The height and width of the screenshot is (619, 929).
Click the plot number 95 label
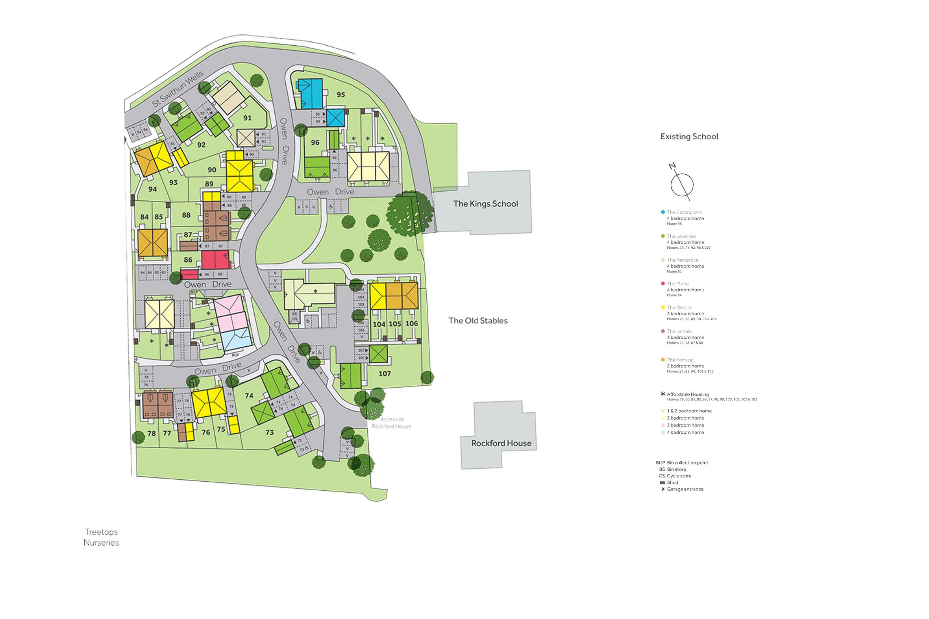(341, 95)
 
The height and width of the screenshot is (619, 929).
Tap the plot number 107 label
(384, 373)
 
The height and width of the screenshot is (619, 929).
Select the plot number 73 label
(269, 432)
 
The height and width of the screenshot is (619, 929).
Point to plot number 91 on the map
(247, 118)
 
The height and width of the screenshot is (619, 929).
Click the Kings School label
(485, 204)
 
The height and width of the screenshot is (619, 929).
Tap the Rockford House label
(501, 443)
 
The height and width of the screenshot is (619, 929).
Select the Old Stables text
(478, 321)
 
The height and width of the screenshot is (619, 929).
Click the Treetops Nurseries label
(101, 537)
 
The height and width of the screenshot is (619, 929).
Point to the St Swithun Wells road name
(178, 89)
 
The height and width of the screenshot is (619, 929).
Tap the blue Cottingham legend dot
(663, 212)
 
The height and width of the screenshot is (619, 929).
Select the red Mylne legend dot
(663, 283)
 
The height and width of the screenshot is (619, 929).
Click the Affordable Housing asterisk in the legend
(663, 394)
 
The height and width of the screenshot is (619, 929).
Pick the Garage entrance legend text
(685, 489)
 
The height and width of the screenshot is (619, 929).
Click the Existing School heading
(689, 137)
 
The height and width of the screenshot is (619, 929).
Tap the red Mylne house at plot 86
(215, 260)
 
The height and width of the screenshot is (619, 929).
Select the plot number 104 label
(379, 324)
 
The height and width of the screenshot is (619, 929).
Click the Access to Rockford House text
(391, 423)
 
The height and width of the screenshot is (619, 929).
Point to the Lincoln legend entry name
(679, 331)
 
